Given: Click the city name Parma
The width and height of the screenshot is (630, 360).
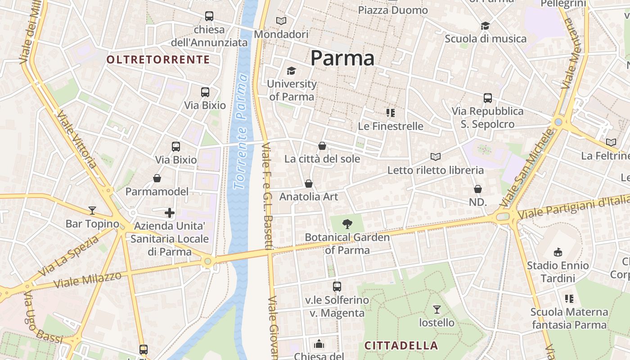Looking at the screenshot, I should (x=342, y=58).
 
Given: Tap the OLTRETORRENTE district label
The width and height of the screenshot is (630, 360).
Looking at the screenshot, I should (x=158, y=60).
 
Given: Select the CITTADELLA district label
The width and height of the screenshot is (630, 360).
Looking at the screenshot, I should (x=401, y=346).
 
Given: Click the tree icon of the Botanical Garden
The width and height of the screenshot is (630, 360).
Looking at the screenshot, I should (x=347, y=224).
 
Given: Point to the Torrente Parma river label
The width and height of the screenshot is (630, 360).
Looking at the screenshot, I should (x=241, y=131).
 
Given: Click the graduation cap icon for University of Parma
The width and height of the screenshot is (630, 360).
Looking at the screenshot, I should (x=292, y=71).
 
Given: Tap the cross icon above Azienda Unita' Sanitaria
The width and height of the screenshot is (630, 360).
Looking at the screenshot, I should (x=170, y=212).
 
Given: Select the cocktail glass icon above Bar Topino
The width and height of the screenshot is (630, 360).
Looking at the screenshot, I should (x=92, y=210).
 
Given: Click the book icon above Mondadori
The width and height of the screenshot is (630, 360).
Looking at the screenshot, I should (x=281, y=21).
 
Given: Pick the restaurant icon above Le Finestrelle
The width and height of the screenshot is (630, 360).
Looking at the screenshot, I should (x=391, y=112).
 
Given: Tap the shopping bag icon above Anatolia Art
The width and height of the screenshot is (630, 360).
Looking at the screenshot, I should (x=309, y=184).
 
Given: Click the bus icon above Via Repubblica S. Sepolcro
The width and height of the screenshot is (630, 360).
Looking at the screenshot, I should (x=488, y=98).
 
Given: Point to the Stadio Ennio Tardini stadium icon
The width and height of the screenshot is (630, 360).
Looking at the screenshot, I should (x=558, y=252).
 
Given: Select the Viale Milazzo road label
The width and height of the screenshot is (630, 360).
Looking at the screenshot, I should (x=88, y=280).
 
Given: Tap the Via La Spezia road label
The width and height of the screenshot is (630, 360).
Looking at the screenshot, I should (x=69, y=256).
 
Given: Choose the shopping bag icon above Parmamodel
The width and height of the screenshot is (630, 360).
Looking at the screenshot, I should (x=157, y=179).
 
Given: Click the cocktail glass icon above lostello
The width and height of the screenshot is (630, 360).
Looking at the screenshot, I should (x=436, y=309).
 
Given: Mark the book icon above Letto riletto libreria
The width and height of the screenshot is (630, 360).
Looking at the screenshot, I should (x=435, y=157).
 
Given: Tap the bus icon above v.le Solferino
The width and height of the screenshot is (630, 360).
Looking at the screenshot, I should (x=337, y=286).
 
